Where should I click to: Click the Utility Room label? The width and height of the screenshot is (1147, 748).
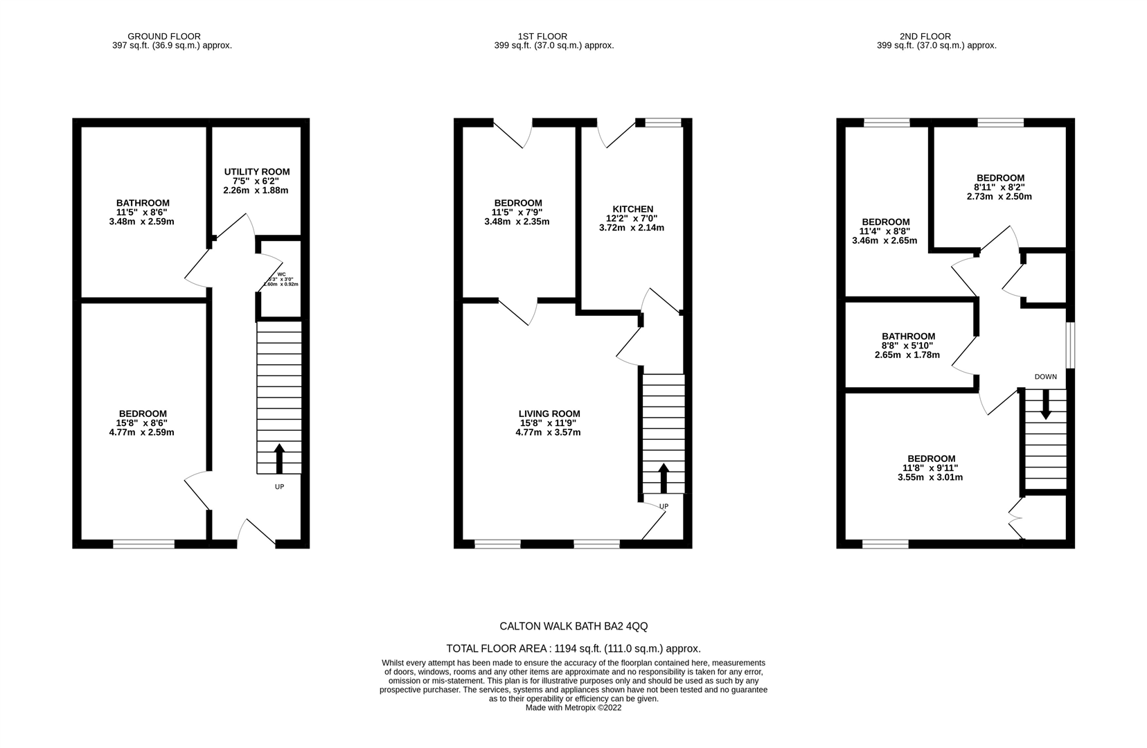pos(257,172)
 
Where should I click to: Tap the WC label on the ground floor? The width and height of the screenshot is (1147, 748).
pos(282,274)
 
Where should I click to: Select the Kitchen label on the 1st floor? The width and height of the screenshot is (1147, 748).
pos(632,209)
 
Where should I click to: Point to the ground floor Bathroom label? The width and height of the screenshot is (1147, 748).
pos(143,203)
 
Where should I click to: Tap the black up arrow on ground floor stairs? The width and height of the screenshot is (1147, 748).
pos(280,458)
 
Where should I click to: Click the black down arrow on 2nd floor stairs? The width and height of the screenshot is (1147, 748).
pos(1045,404)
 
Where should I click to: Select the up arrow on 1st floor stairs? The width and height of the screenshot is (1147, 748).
pos(663,477)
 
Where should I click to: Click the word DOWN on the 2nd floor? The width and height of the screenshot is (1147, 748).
pos(1045,377)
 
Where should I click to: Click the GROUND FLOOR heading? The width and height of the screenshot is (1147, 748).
pos(164,36)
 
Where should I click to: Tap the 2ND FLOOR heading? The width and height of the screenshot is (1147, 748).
pos(925,36)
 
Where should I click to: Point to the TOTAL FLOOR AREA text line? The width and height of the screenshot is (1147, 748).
pos(573,649)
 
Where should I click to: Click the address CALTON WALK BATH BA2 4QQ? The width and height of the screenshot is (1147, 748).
pos(573,626)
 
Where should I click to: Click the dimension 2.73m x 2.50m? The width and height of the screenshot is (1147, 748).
pos(999,197)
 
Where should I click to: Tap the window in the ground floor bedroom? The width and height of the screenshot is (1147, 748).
pos(144,544)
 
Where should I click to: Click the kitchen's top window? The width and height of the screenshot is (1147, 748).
pos(663,123)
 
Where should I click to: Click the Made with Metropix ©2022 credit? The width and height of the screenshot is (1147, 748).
pos(573,708)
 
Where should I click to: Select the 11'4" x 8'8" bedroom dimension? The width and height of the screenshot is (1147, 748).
pos(884,231)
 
